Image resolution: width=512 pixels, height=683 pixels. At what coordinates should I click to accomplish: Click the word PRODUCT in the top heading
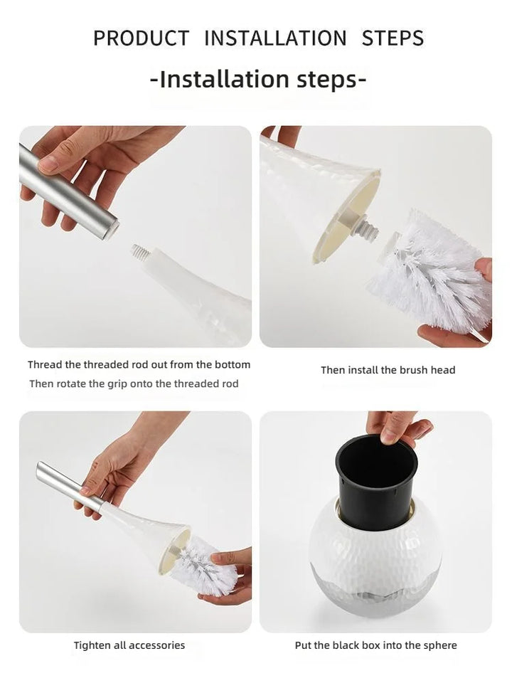[141, 38]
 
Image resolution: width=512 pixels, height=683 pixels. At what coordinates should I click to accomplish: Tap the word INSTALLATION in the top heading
[275, 38]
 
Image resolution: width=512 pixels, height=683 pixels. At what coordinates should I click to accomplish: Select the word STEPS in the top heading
[393, 38]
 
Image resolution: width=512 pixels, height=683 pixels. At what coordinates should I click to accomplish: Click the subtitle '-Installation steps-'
[257, 79]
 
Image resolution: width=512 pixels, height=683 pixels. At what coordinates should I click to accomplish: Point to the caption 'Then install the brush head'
[388, 370]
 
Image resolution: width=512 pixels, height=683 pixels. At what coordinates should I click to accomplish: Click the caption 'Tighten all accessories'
[129, 645]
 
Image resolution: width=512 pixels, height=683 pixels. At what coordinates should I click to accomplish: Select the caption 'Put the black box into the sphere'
[375, 645]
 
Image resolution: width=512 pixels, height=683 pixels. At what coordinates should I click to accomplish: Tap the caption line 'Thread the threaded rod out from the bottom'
[139, 364]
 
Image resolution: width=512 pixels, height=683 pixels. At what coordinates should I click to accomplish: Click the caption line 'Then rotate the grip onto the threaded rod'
[134, 383]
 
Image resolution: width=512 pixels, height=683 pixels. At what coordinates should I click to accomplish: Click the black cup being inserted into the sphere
[376, 482]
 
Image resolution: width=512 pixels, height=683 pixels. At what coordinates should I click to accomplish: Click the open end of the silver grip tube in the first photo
[112, 228]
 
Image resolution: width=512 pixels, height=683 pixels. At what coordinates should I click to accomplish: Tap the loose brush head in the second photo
[429, 271]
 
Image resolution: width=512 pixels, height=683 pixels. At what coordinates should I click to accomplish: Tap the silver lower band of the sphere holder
[375, 588]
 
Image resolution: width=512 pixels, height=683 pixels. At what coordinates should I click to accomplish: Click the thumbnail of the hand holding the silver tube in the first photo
[48, 164]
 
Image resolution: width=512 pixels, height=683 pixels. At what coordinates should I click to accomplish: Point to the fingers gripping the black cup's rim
[397, 428]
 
